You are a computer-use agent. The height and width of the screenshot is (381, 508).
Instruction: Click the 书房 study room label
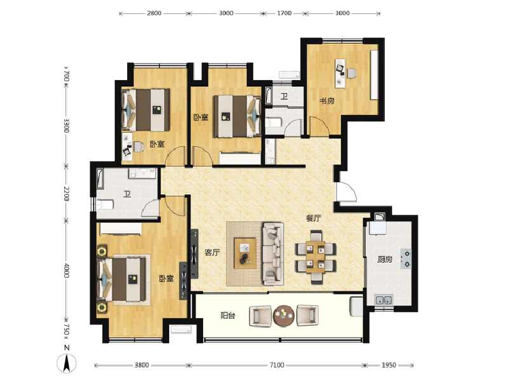326,101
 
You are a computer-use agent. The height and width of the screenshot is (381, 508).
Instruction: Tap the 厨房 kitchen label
385,260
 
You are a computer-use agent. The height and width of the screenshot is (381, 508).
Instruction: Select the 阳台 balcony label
228,316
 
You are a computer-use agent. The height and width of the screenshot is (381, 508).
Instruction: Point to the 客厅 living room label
213,252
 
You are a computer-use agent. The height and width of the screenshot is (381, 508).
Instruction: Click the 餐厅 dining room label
314,218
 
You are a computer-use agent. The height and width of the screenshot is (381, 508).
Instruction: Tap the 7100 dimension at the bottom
277,365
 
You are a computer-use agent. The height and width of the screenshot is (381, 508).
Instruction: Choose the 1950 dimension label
389,365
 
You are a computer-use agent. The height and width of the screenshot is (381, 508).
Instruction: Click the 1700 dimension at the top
284,13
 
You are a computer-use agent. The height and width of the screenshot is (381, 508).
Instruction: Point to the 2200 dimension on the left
67,194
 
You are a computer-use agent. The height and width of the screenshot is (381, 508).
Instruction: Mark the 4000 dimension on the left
67,271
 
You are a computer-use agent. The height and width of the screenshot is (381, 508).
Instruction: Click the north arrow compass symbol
67,363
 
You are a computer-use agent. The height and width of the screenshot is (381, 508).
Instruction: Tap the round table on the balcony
284,316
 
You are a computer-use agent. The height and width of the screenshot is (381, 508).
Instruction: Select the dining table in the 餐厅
316,257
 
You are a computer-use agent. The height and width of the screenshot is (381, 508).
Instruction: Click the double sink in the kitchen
384,300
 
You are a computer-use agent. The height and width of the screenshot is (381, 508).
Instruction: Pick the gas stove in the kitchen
405,259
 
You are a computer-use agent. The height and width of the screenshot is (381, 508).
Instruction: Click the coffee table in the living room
245,253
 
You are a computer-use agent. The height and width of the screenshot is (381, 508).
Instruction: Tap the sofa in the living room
273,253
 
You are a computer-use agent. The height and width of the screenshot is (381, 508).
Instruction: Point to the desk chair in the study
352,73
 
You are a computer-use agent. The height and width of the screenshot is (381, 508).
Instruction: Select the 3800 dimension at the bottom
142,365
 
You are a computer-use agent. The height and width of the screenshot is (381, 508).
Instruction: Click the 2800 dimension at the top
154,13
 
